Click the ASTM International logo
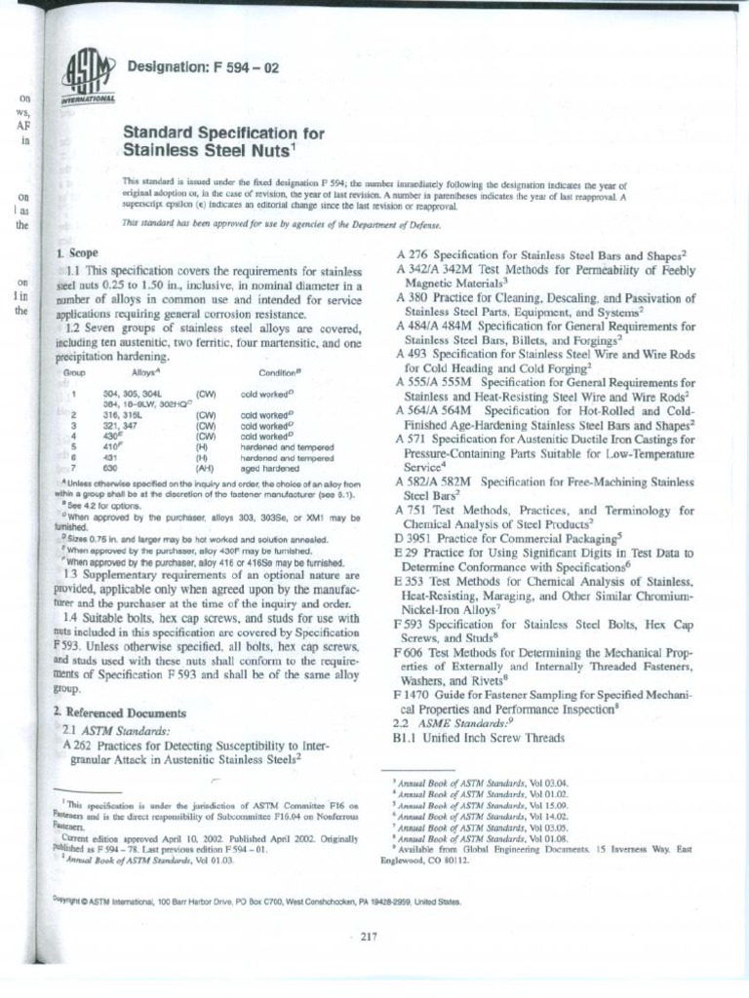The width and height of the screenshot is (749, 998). (89, 77)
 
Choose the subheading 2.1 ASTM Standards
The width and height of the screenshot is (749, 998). (115, 730)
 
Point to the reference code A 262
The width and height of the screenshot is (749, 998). (77, 745)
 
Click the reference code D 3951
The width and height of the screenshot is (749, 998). (414, 537)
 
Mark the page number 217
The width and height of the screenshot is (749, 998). (369, 938)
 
